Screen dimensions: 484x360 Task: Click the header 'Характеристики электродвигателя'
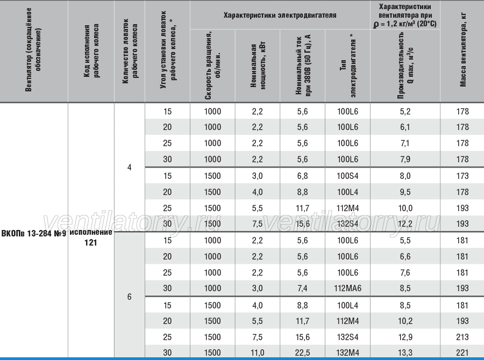(x=280, y=15)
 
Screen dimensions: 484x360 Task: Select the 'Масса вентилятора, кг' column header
(x=462, y=51)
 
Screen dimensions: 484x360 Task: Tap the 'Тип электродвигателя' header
(x=348, y=65)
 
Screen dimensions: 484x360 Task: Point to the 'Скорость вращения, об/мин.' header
(x=213, y=65)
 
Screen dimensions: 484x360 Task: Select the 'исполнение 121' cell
(x=91, y=237)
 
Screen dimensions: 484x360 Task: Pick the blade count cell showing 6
(x=129, y=297)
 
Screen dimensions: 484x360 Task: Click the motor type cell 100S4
(x=347, y=176)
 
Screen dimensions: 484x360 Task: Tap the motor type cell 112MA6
(x=347, y=288)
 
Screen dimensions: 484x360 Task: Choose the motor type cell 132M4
(x=347, y=352)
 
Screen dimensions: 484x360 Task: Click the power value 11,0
(x=257, y=352)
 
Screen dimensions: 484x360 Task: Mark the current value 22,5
(x=302, y=352)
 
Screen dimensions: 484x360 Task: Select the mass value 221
(x=462, y=352)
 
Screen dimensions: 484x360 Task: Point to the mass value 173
(x=462, y=176)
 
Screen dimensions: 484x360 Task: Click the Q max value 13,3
(x=405, y=352)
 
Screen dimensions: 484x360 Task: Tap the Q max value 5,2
(x=405, y=111)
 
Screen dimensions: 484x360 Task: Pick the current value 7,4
(x=302, y=288)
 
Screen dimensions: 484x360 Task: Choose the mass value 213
(x=462, y=337)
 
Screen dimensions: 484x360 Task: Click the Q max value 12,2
(x=405, y=224)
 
